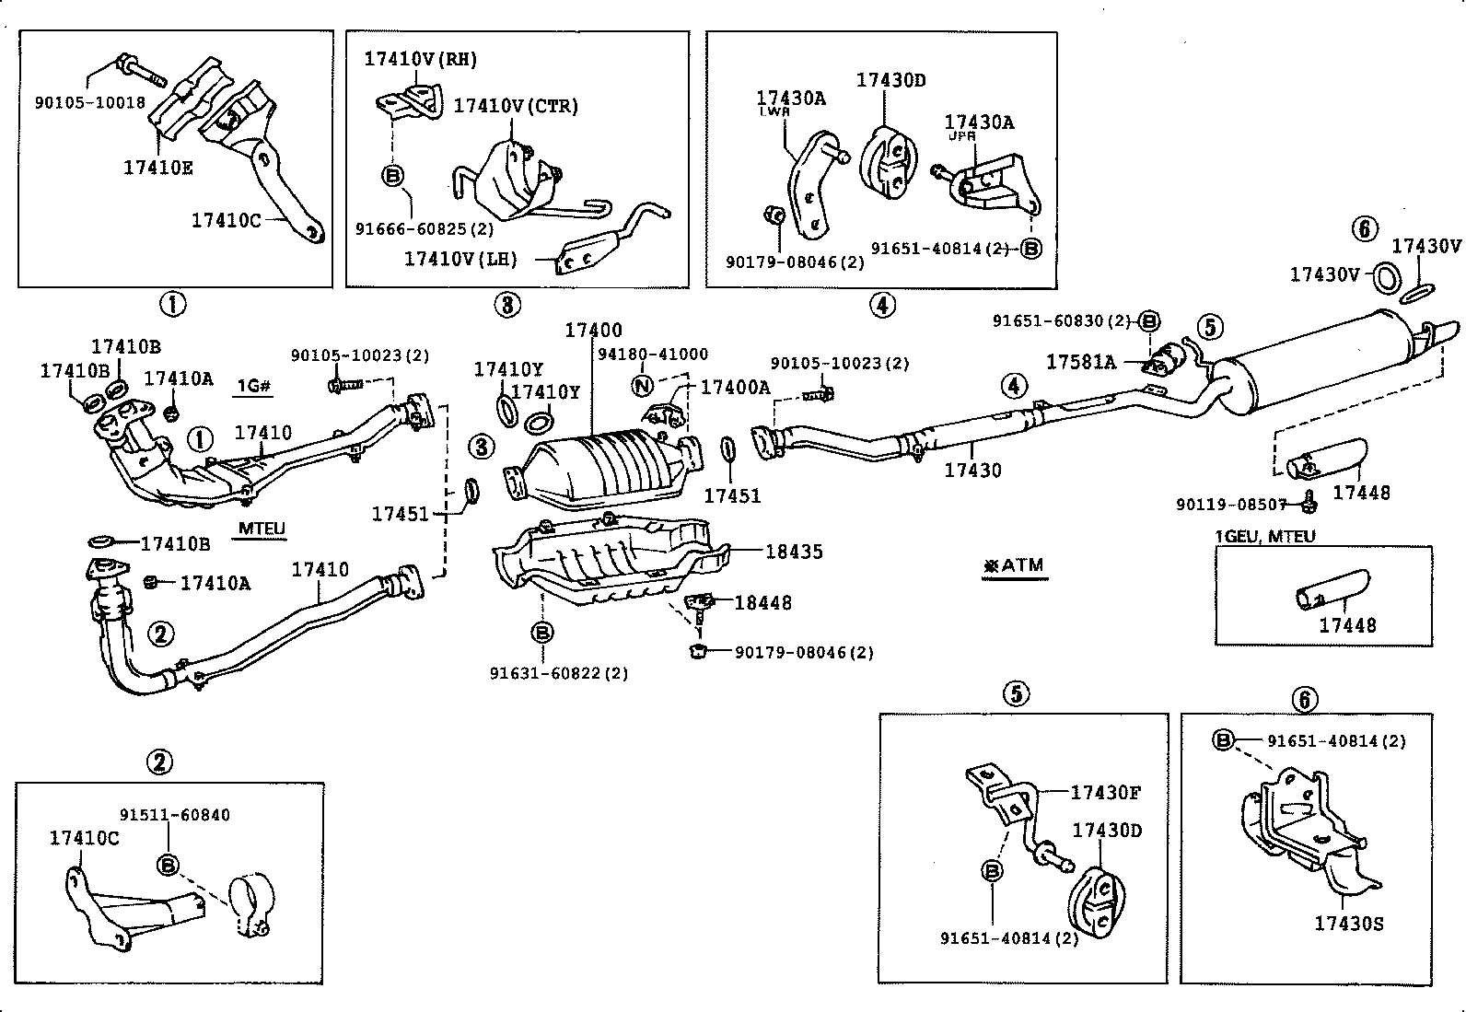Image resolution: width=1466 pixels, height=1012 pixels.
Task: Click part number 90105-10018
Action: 90,102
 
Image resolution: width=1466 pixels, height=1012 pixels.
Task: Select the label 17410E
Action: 158,168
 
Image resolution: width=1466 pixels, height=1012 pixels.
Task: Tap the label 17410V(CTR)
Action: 515,106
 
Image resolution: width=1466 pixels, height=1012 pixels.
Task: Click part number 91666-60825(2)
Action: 425,227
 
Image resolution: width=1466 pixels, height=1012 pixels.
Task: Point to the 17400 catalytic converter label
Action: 593,330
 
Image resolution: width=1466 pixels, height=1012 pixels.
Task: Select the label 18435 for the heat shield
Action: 794,552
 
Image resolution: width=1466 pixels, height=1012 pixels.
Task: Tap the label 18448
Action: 762,602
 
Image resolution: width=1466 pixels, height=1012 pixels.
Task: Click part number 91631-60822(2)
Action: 559,673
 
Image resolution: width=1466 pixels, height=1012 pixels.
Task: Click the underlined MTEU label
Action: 262,529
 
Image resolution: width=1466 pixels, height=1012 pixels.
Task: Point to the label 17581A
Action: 1080,362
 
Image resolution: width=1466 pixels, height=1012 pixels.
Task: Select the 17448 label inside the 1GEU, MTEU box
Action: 1347,625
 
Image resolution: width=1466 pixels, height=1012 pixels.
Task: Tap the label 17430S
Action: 1348,924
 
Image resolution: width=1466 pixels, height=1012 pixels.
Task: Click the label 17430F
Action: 1105,792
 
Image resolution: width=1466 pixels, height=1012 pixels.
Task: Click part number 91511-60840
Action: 175,815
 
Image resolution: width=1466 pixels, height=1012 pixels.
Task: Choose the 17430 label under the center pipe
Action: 972,470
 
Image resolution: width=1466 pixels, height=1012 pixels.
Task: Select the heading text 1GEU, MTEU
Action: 1264,536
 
